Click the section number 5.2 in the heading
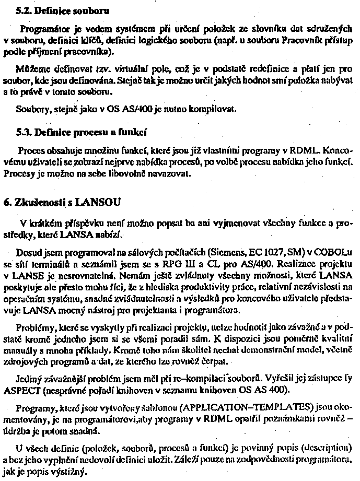[23, 10]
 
